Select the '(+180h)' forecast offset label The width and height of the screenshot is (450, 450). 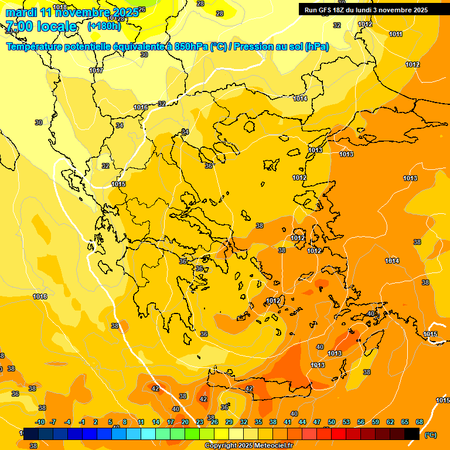click(104, 26)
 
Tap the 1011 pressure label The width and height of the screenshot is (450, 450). click(396, 34)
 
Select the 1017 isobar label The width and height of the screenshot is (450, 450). click(96, 70)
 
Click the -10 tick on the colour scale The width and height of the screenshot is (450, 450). click(40, 422)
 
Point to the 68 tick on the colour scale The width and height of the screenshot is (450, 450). click(420, 422)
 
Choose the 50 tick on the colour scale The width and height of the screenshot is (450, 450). click(332, 422)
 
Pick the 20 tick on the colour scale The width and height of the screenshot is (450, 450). click(185, 422)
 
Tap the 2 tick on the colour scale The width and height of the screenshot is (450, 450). click(96, 422)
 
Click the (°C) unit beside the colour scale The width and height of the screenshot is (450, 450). click(430, 435)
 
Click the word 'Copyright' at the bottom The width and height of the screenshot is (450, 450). click(221, 446)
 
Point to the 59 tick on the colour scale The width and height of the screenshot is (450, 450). click(376, 422)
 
